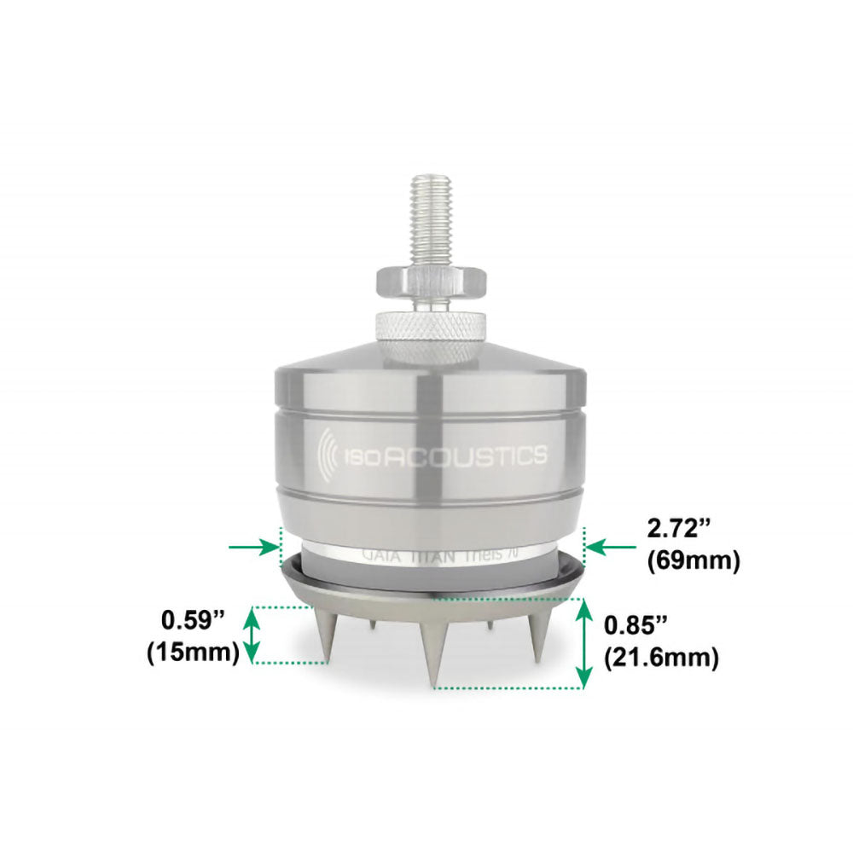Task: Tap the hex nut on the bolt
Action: pos(433,281)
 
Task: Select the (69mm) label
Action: pos(693,561)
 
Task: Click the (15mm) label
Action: pos(192,653)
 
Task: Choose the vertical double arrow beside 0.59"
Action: pos(252,635)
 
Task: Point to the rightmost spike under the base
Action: pos(537,635)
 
